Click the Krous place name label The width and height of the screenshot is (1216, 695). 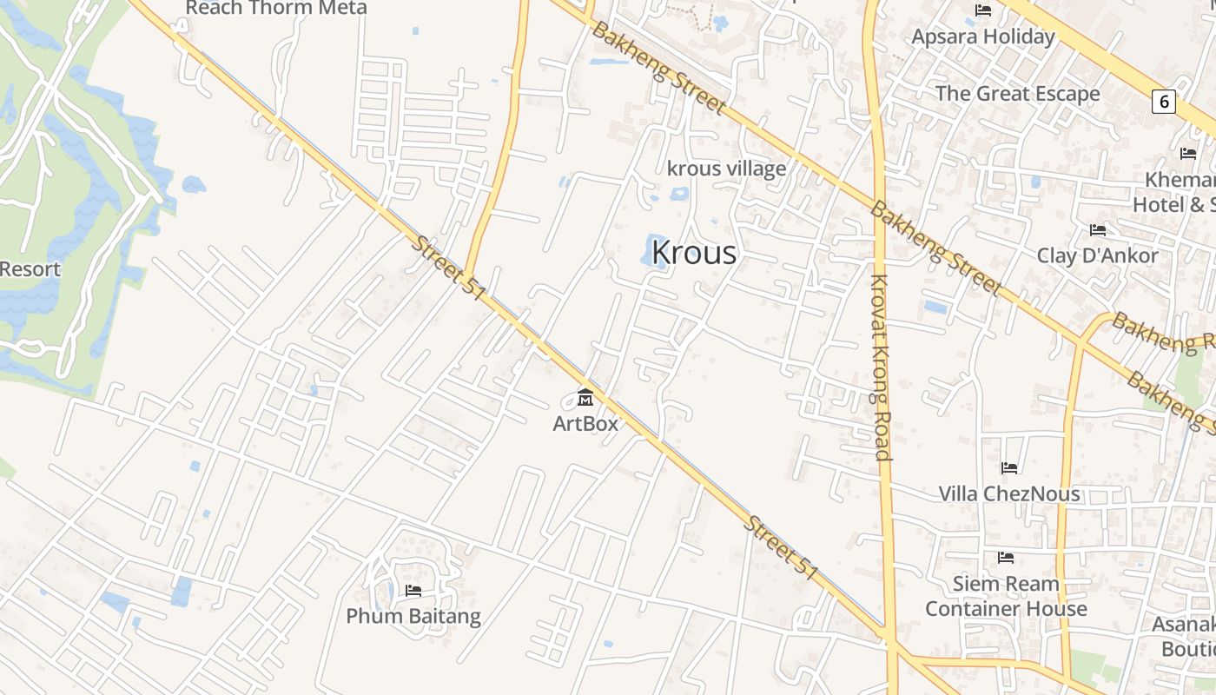point(693,253)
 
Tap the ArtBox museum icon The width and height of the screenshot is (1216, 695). point(585,398)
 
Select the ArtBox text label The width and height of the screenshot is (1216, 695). point(585,424)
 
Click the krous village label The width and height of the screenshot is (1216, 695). point(726,169)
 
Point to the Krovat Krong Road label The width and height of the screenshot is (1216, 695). point(880,367)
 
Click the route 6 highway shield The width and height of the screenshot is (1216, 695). point(1163,102)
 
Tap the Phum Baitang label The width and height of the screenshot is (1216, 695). point(413,617)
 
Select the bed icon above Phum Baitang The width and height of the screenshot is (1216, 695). point(413,591)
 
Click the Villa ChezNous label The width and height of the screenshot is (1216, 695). point(1009,493)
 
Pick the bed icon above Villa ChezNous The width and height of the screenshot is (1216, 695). point(1009,468)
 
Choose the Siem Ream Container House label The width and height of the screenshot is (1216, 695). point(1006,596)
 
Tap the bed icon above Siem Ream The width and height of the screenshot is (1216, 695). point(1006,557)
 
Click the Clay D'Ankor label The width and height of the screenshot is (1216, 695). point(1097,255)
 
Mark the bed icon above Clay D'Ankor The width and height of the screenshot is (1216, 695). point(1098,230)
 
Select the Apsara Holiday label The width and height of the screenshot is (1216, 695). point(983,36)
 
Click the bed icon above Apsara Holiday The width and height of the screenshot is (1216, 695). point(983,10)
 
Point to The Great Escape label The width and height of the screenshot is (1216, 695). point(1017,94)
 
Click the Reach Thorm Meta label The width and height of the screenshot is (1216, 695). point(276,8)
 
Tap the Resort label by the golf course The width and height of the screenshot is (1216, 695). point(30,269)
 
